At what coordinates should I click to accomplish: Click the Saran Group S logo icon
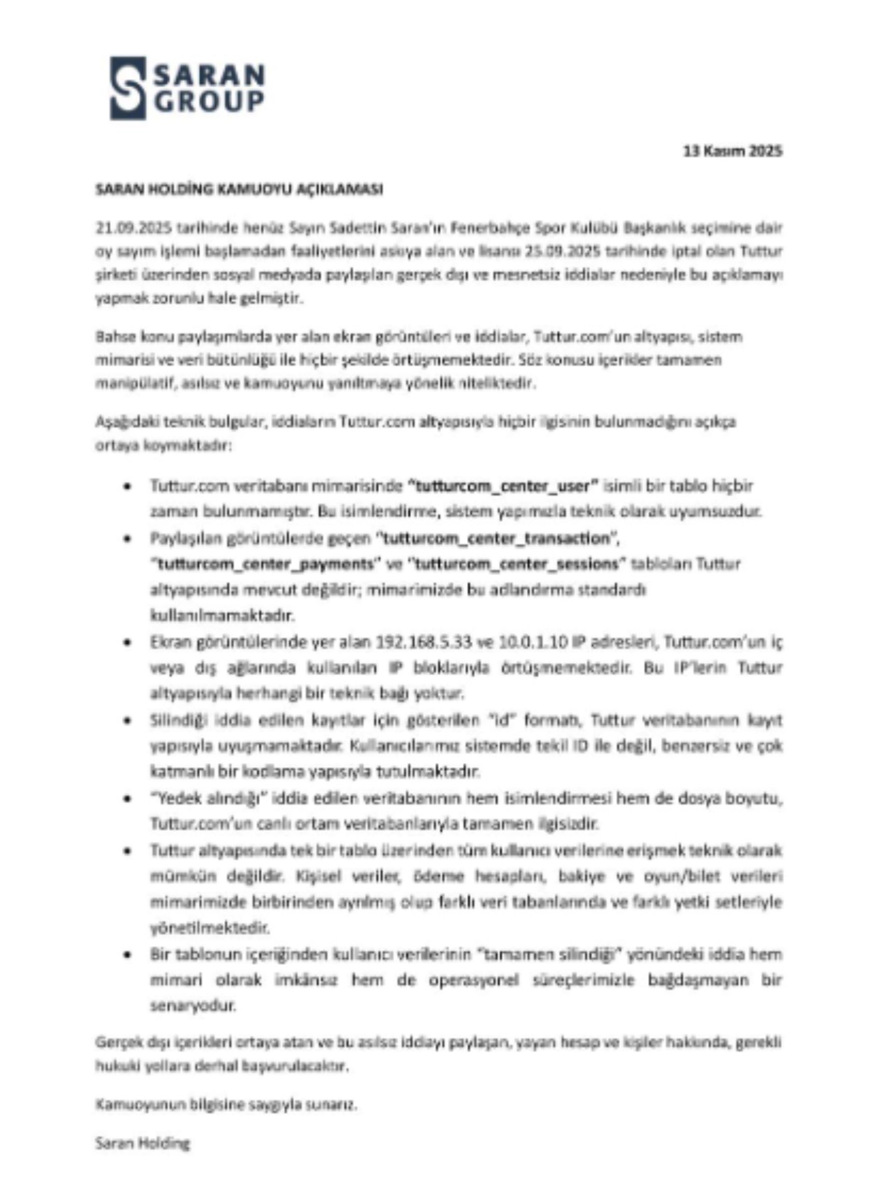click(x=128, y=88)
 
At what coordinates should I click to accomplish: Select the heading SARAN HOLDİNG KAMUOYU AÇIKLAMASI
click(x=239, y=190)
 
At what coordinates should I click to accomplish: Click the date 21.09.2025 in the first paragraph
click(x=133, y=228)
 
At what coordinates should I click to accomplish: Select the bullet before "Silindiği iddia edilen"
click(x=127, y=721)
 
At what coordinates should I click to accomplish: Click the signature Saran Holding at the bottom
click(x=143, y=1144)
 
